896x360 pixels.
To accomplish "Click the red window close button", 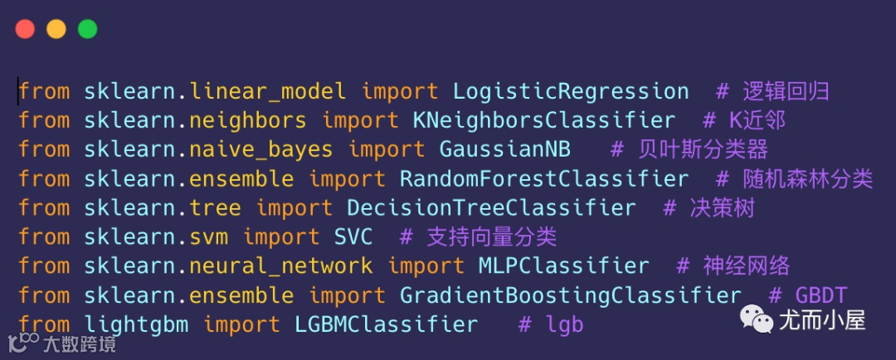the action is click(x=25, y=29).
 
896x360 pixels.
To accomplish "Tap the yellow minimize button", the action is click(x=56, y=29).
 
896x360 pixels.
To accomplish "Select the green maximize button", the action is click(x=87, y=29).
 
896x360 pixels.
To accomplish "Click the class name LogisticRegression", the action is click(x=571, y=91).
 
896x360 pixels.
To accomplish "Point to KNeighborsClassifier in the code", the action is click(x=544, y=120).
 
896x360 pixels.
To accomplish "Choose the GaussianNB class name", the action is click(x=504, y=149).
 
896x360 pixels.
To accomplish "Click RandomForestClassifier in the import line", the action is click(x=544, y=178).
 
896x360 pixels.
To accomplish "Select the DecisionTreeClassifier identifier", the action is click(x=491, y=207).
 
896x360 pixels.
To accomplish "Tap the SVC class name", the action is click(x=353, y=237).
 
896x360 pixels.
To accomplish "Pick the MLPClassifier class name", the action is click(x=564, y=266).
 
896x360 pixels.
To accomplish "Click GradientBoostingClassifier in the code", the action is click(x=571, y=295).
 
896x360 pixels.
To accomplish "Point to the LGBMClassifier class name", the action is click(x=386, y=324).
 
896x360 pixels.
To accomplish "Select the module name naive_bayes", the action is click(x=261, y=149).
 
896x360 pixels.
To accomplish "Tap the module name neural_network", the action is click(x=280, y=266).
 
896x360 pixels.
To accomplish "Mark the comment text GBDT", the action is click(x=822, y=295).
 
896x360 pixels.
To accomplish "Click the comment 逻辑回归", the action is click(x=785, y=91).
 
